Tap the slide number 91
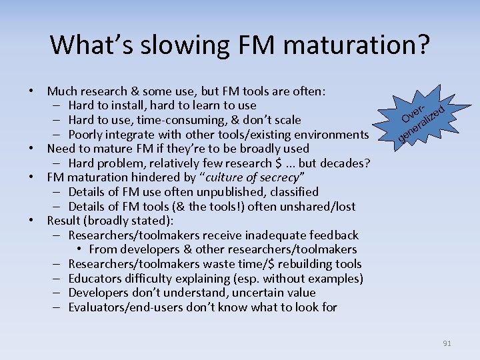447,343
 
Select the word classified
287,192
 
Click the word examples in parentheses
333,279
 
